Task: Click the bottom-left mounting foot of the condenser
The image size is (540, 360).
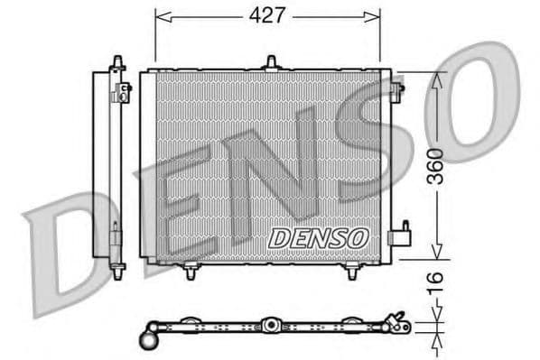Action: [191, 270]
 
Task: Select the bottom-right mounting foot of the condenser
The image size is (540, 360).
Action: [351, 270]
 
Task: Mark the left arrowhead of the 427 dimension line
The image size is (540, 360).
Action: [161, 15]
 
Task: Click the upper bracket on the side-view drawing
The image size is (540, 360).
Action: [122, 89]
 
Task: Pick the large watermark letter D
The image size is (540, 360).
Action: [68, 248]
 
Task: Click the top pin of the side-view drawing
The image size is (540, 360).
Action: [116, 60]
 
